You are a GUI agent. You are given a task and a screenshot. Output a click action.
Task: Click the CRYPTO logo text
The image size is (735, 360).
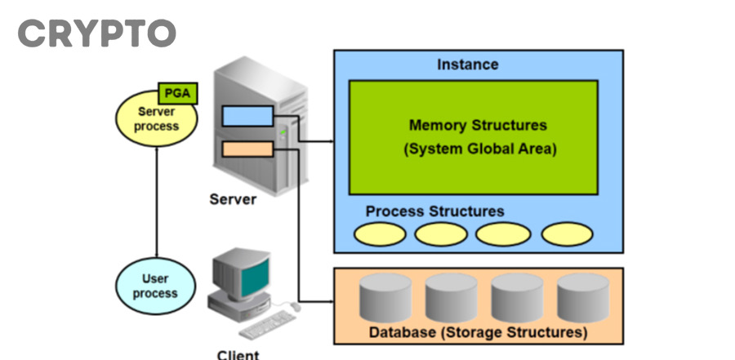(96, 33)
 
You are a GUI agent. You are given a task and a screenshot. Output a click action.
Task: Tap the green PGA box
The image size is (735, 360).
(176, 92)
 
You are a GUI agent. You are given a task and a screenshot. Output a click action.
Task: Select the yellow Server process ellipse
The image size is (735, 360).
(157, 119)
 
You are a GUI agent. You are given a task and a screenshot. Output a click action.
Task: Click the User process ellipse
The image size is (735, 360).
(155, 286)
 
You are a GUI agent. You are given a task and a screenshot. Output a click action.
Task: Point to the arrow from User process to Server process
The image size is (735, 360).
(155, 204)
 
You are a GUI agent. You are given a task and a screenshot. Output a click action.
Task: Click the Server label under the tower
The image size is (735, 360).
(233, 198)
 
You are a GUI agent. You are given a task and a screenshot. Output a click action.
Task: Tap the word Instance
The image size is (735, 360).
(467, 64)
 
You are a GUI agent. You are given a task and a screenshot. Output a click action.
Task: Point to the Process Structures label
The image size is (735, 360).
(434, 211)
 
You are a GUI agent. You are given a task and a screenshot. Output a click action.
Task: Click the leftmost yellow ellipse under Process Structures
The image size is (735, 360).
(380, 234)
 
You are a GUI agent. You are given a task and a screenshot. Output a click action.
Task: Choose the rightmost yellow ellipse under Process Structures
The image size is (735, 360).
(567, 234)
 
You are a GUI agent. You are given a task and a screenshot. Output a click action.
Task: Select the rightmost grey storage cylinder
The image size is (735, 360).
(582, 297)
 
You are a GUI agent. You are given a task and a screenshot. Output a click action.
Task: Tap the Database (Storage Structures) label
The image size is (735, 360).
(478, 332)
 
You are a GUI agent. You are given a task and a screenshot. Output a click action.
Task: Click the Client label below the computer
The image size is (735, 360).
(238, 354)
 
